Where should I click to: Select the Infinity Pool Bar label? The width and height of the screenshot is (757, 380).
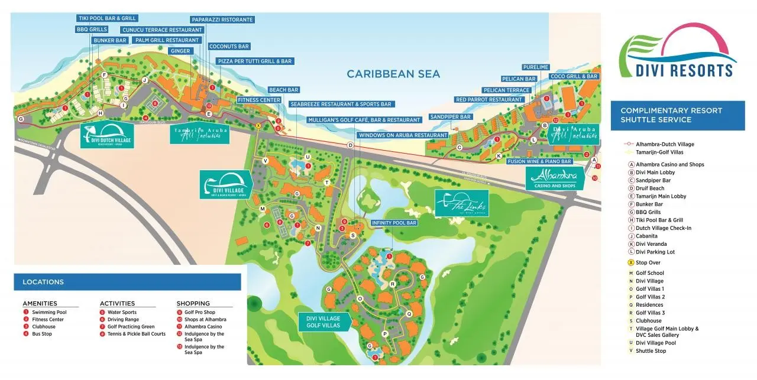point(394,223)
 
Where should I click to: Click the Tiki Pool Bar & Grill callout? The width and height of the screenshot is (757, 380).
point(107,18)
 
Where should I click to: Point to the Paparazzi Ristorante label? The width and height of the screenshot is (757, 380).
point(222,20)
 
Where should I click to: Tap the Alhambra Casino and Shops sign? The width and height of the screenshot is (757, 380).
point(555,177)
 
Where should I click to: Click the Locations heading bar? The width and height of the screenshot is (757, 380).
point(127,282)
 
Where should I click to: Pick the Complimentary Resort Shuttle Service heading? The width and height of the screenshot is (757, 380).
point(677,115)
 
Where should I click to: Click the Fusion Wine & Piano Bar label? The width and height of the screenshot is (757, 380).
point(539,161)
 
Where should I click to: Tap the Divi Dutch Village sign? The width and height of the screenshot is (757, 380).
point(107,135)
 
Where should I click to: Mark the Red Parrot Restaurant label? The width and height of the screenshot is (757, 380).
point(489,100)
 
